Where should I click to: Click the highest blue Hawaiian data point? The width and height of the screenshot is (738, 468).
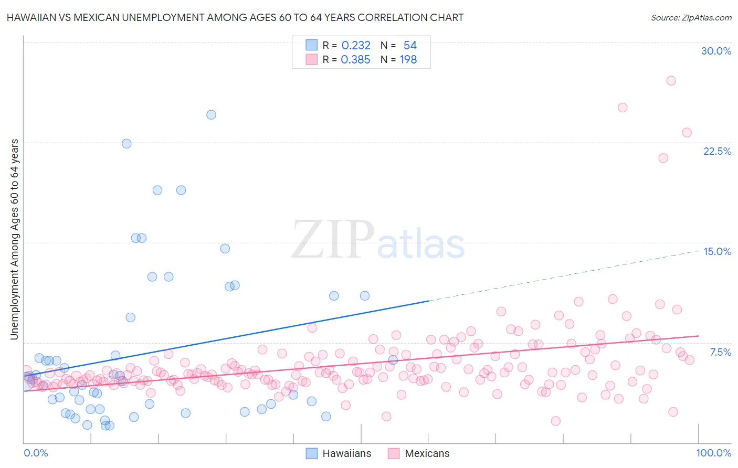211,114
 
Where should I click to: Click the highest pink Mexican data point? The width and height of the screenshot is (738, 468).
671,80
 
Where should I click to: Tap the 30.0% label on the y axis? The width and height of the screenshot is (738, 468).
716,51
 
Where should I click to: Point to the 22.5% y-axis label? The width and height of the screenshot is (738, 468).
717,151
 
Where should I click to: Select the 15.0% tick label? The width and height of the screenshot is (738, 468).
717,251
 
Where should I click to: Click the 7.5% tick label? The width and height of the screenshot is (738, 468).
720,352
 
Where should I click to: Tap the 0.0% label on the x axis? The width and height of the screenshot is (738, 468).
36,453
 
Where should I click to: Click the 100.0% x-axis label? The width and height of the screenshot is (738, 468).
713,453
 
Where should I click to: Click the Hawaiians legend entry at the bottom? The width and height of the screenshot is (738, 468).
339,453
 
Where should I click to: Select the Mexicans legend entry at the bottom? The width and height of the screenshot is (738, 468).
419,453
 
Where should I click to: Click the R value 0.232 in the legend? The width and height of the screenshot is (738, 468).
356,45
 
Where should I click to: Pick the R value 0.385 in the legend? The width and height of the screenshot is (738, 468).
355,59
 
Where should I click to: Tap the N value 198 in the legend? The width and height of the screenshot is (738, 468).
408,59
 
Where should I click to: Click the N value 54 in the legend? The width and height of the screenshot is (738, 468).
410,45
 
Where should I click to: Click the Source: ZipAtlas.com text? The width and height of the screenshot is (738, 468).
691,17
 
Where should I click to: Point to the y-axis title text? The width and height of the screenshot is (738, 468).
14,239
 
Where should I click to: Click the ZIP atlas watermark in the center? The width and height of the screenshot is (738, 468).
378,240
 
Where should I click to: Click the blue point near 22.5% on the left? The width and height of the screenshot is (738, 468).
126,143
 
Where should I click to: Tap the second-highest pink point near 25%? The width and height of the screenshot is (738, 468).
623,108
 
